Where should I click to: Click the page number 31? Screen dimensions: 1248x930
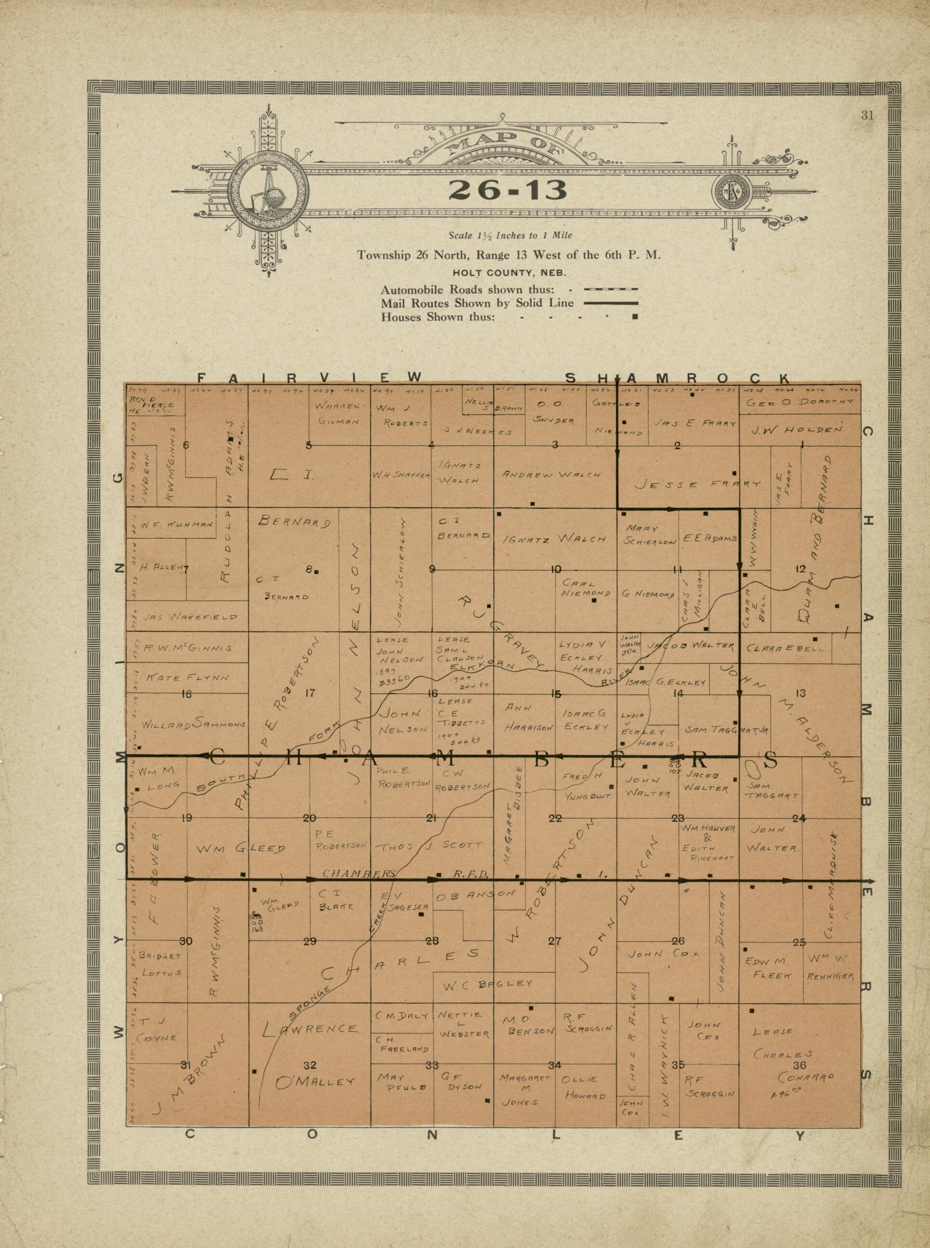(x=867, y=117)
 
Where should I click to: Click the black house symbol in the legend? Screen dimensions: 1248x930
(x=635, y=317)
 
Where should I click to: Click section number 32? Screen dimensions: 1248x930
(x=310, y=1064)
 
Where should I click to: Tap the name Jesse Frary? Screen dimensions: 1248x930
(x=698, y=484)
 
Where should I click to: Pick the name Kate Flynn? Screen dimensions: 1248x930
(x=188, y=678)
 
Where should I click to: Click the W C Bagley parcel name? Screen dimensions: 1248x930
(x=488, y=983)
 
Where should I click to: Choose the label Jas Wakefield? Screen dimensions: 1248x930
(x=190, y=617)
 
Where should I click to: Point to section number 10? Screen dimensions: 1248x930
(x=555, y=570)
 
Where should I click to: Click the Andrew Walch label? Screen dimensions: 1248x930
(x=551, y=475)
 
